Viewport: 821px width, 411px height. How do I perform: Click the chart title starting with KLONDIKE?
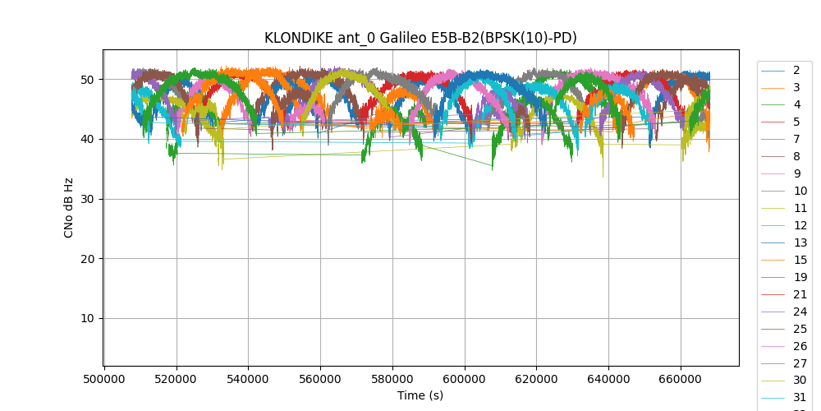420,38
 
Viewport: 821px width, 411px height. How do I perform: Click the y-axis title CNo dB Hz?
69,208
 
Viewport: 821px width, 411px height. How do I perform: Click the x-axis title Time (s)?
420,395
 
